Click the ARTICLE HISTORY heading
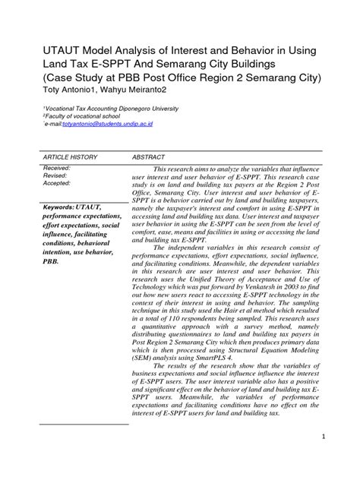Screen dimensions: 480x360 [70, 156]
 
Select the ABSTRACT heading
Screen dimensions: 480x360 [150, 156]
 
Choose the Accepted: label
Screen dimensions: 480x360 [58, 183]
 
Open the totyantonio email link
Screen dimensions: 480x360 [92, 123]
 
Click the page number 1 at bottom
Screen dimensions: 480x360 [323, 437]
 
